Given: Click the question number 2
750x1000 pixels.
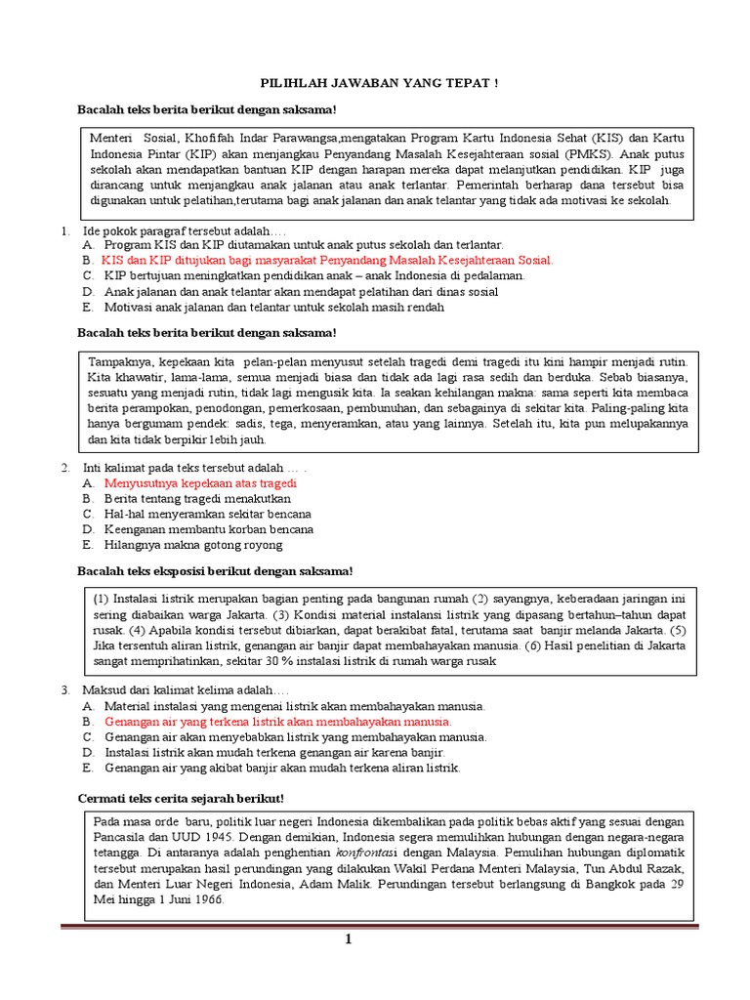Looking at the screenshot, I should [x=64, y=468].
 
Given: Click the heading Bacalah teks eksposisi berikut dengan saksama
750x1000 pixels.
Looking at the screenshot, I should [x=215, y=571].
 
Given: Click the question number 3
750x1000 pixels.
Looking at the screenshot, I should [x=64, y=690].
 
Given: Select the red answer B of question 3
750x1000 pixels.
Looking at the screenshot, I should [x=277, y=722].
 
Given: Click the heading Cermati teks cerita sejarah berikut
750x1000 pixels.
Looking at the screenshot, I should [x=181, y=799].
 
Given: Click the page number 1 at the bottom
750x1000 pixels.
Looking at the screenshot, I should [x=347, y=938].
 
